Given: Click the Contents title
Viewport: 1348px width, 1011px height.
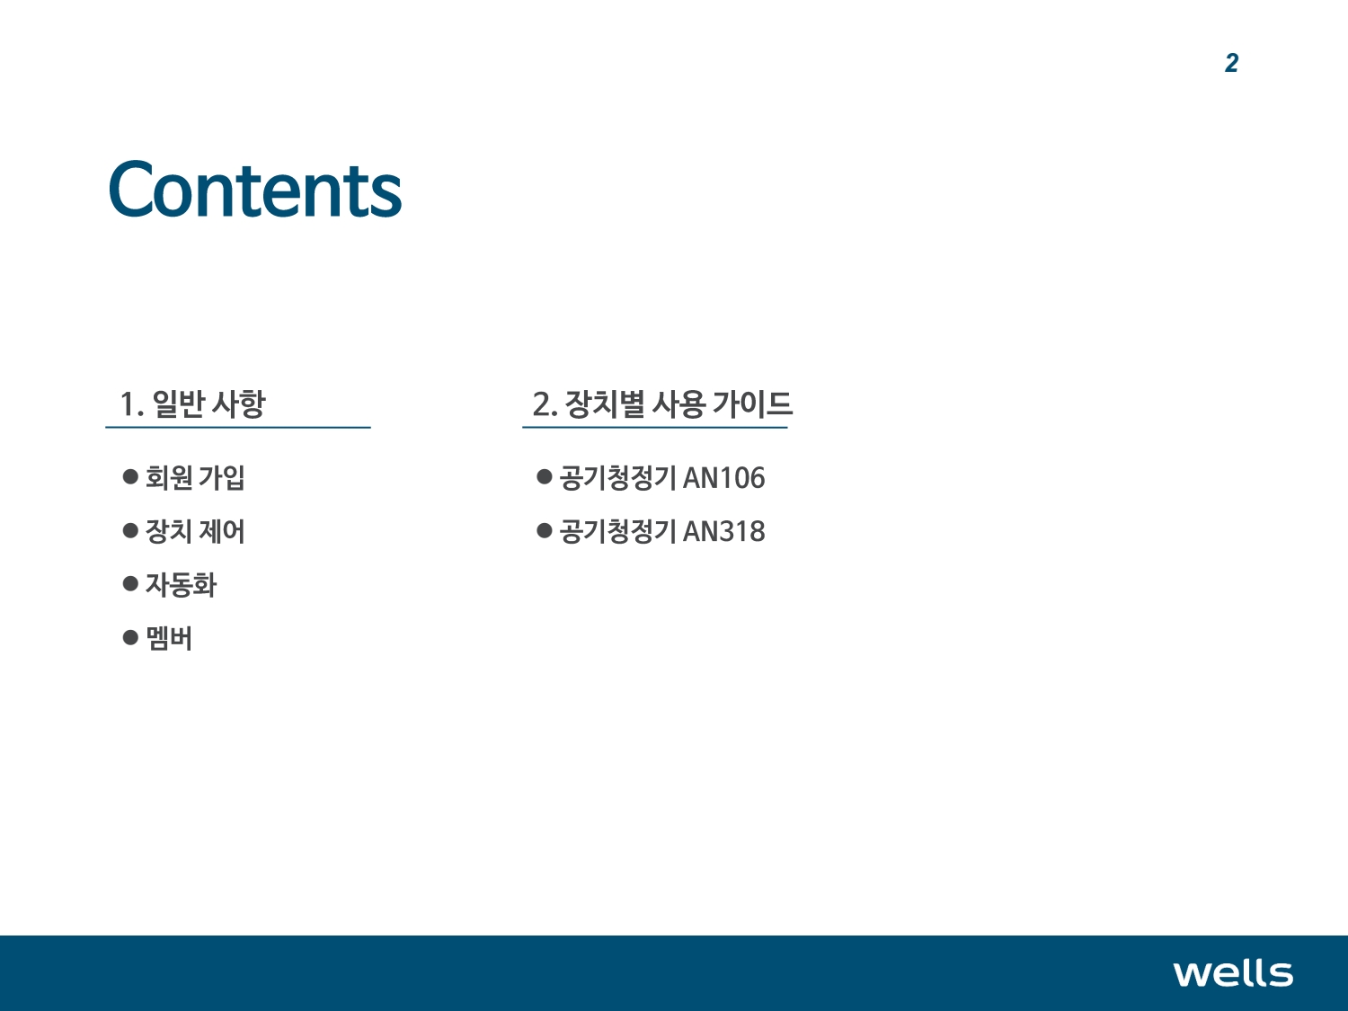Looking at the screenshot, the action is [255, 189].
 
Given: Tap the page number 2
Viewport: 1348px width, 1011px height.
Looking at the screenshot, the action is [1231, 63].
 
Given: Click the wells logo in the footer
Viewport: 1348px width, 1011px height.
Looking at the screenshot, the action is [1233, 973].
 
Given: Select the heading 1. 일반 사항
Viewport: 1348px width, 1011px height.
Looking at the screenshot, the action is [192, 404].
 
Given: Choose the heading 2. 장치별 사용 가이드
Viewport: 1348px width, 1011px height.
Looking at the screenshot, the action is [662, 404].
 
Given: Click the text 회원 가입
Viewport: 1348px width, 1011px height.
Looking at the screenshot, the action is [195, 477].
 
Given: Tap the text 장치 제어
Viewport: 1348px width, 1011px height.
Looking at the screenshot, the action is [195, 531].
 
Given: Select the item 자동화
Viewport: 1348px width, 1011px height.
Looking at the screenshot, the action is [181, 584].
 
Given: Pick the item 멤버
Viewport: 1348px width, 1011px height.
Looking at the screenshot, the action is [169, 638].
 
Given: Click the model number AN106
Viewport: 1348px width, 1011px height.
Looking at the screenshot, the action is [724, 477].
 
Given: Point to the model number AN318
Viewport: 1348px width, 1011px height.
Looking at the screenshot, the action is [724, 531].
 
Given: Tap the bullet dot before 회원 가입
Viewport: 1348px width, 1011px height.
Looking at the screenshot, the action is [130, 476].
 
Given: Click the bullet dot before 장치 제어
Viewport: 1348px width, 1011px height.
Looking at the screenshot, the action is [130, 529].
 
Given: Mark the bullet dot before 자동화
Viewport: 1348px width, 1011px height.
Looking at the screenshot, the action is [130, 583].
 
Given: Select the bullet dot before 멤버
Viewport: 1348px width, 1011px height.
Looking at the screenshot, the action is [130, 637].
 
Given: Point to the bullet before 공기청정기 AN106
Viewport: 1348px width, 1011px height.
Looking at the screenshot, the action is [544, 476].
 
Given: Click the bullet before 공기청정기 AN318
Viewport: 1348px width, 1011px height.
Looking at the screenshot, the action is [544, 529].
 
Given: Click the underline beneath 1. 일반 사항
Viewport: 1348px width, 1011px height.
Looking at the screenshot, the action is [238, 427].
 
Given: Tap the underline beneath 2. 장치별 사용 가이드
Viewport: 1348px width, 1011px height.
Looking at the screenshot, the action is [654, 427].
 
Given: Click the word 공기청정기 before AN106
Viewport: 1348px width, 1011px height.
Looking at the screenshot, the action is [617, 477].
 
